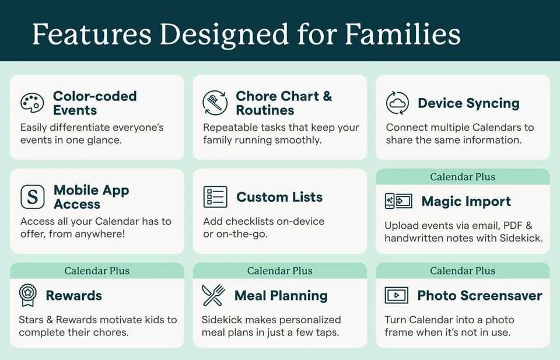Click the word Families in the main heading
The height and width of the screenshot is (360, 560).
tap(402, 34)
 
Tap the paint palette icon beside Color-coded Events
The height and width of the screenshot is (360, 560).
tap(32, 103)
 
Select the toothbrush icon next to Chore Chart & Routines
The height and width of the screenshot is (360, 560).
tap(215, 103)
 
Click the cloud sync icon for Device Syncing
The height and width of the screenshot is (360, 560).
tap(397, 103)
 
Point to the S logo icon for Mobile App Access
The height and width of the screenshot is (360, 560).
tap(33, 197)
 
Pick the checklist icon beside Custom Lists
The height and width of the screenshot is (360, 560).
tap(215, 197)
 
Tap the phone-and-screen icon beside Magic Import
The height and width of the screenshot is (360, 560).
tap(398, 201)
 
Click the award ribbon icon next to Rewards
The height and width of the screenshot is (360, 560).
tap(28, 295)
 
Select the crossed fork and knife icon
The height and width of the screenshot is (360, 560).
tap(213, 295)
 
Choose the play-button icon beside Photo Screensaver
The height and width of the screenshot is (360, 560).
tap(396, 295)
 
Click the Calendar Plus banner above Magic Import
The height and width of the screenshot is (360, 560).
tap(463, 177)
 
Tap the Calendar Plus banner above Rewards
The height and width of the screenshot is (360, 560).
tap(97, 271)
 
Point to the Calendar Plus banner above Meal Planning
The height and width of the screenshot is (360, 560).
tap(279, 271)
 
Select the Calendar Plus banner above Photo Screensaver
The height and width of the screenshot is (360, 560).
tap(463, 271)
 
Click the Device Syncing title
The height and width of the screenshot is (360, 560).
tap(468, 103)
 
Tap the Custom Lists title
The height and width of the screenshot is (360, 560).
tap(279, 197)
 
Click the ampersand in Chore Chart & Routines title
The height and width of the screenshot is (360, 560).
tap(327, 96)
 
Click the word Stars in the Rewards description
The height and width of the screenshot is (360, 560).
tap(30, 319)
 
